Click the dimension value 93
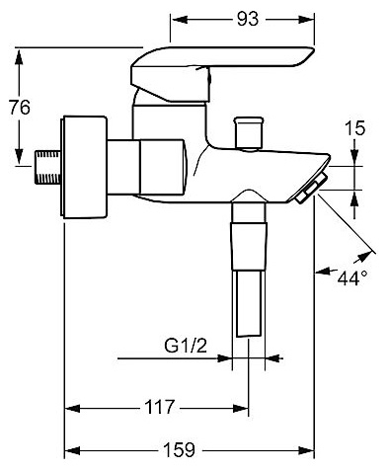click(x=248, y=20)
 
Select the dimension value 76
click(x=20, y=108)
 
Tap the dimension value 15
click(x=355, y=128)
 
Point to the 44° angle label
click(x=352, y=278)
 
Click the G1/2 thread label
click(x=186, y=346)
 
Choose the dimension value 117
click(x=160, y=407)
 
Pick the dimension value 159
click(x=180, y=449)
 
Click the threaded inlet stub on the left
click(x=48, y=167)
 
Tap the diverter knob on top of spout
click(x=249, y=133)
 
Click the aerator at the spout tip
click(x=312, y=188)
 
